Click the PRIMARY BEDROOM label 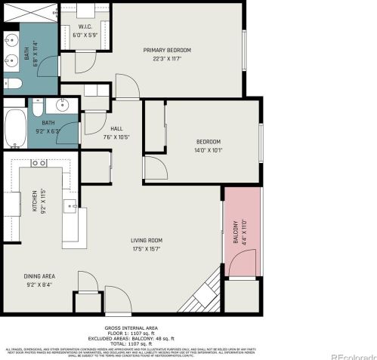click(167, 51)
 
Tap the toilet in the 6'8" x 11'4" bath click(11, 84)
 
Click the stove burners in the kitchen click(39, 162)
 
